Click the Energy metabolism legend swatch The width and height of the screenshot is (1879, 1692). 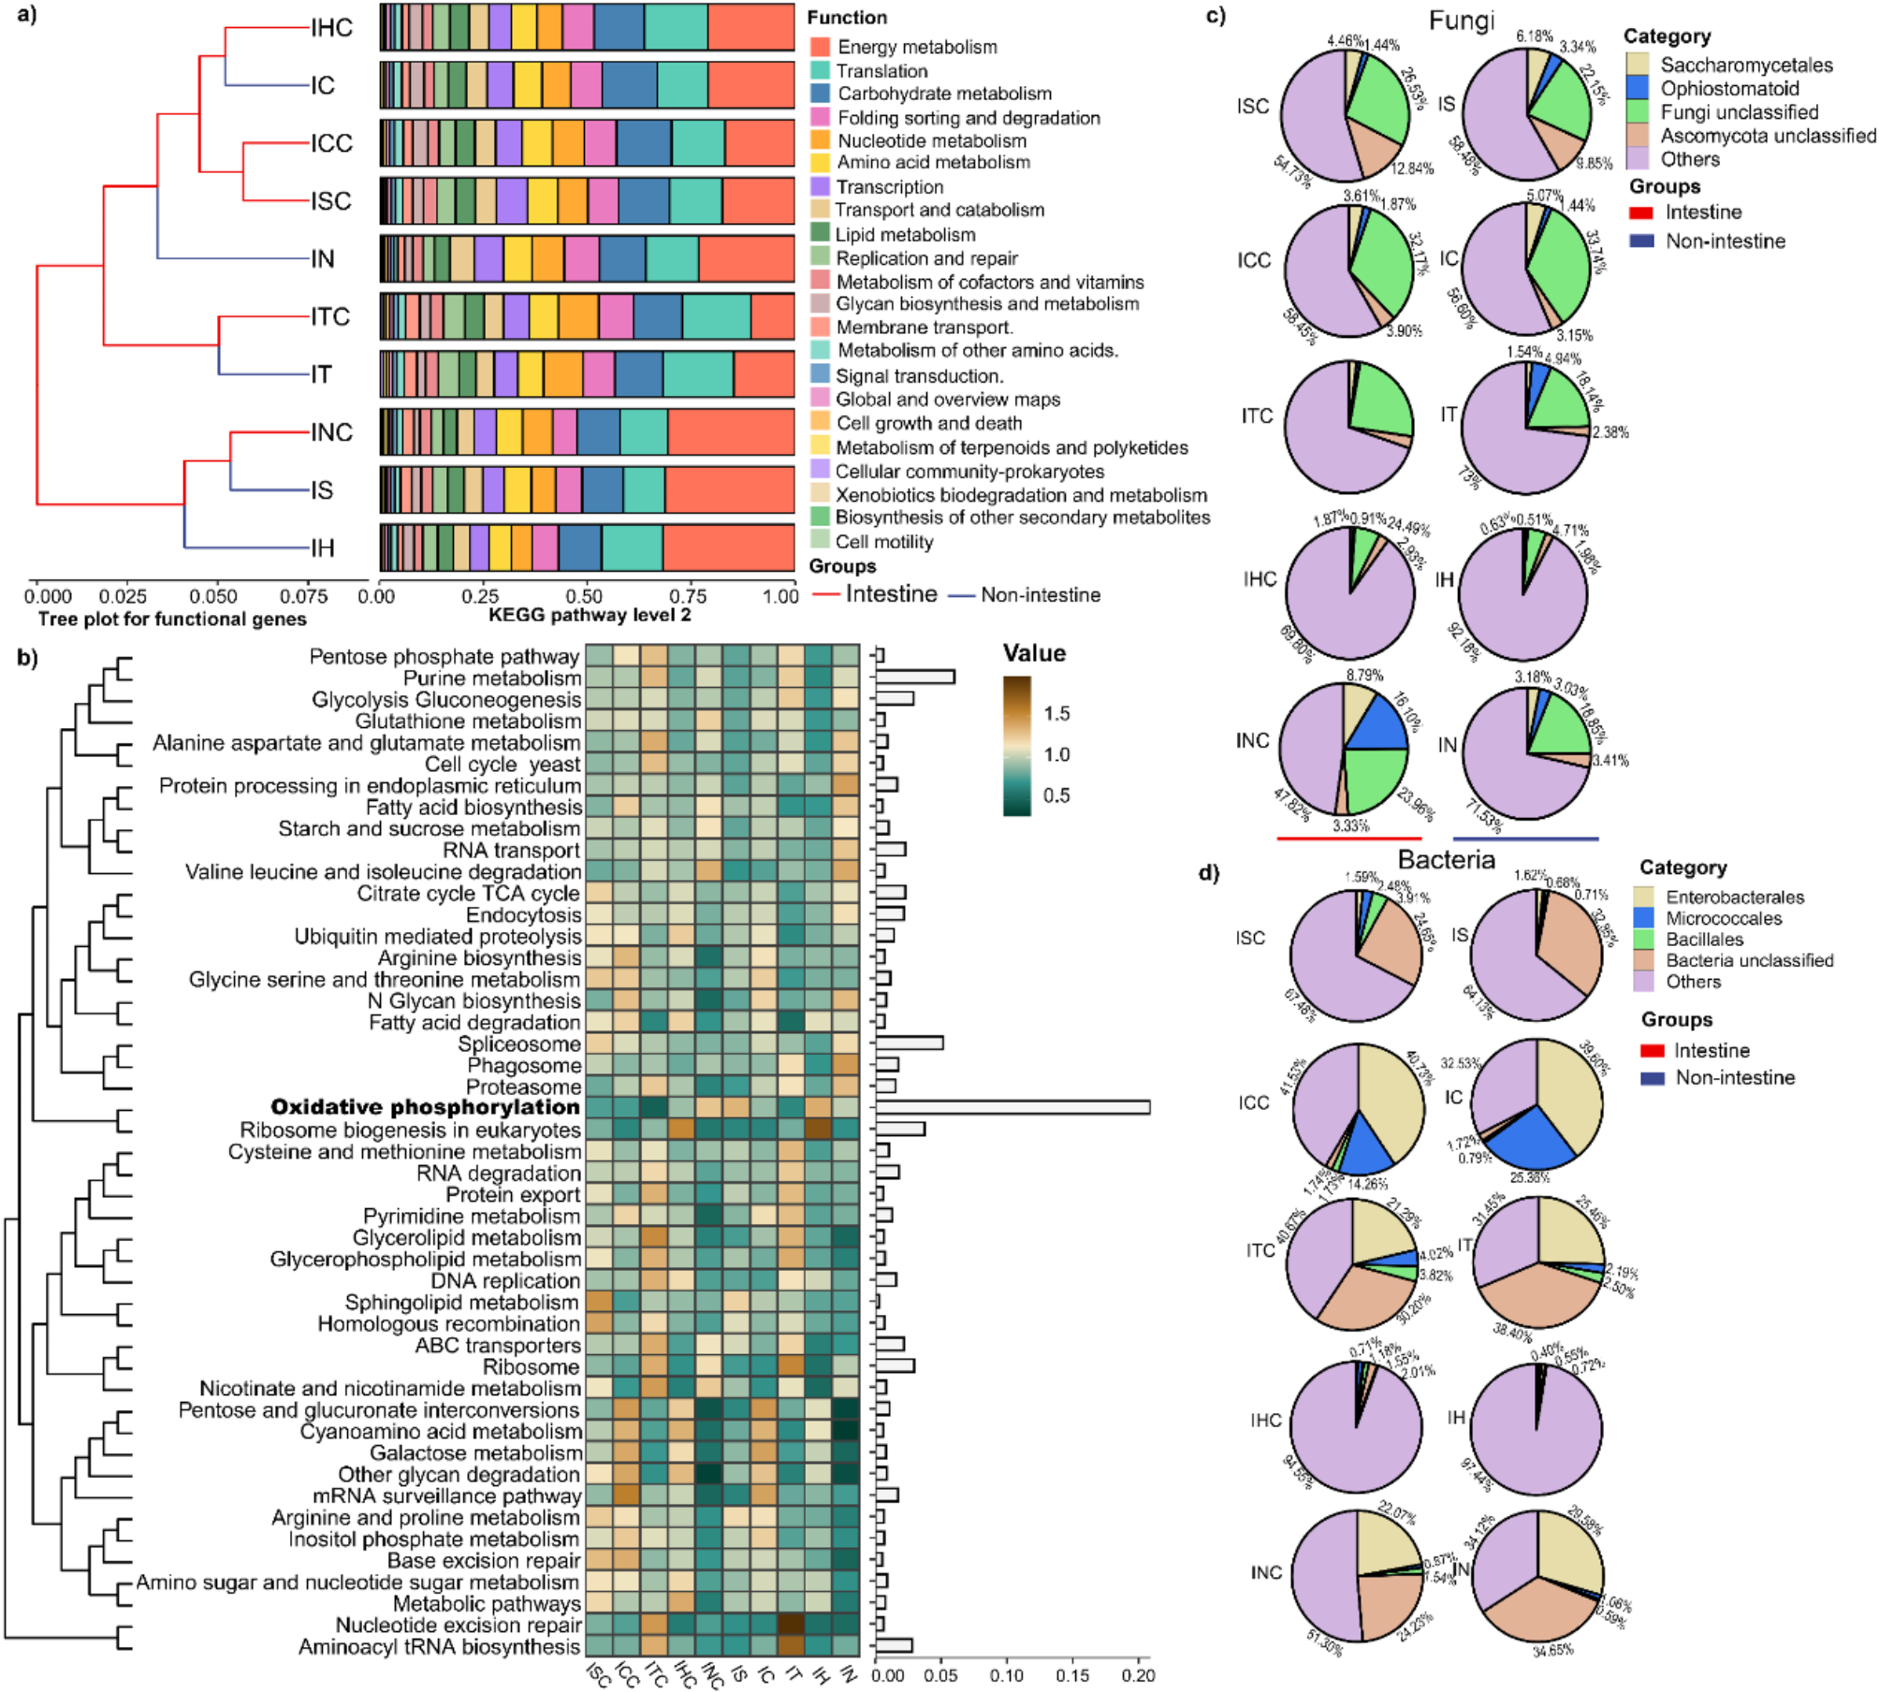coord(820,47)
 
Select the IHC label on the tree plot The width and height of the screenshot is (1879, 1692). coord(332,28)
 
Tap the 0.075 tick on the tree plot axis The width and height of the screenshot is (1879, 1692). coord(303,596)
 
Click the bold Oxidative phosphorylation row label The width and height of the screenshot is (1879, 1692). coord(425,1108)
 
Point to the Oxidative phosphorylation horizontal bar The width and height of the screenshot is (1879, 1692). coord(1012,1108)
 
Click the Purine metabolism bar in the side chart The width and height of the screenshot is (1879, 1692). coord(914,678)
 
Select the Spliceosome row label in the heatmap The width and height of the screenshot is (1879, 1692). coord(519,1043)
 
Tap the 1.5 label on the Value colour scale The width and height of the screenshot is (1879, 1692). coord(1056,713)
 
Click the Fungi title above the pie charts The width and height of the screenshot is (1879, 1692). coord(1461,21)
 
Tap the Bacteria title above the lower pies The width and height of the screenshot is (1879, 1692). coord(1446,859)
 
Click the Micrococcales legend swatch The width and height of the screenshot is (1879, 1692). coord(1645,918)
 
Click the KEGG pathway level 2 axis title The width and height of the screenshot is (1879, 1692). coord(590,615)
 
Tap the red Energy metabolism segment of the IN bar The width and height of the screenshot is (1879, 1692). coord(746,259)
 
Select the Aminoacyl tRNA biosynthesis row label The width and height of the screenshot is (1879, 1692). coord(439,1646)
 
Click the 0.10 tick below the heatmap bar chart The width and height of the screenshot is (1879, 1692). coord(1007,1675)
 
